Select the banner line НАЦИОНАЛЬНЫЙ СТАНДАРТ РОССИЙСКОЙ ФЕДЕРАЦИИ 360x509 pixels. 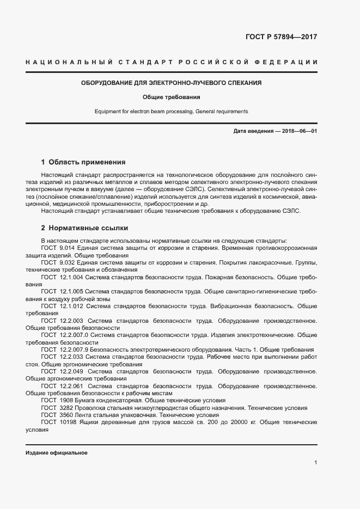[172, 63]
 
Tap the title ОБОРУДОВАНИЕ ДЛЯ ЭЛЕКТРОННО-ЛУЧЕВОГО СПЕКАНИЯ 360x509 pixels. [172, 83]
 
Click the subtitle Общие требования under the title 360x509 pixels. [172, 97]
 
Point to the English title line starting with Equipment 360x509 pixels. [172, 111]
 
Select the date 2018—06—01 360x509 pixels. [298, 132]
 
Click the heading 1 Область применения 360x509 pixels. [83, 162]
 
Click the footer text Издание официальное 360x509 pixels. [56, 453]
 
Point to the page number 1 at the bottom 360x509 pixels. [315, 462]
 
